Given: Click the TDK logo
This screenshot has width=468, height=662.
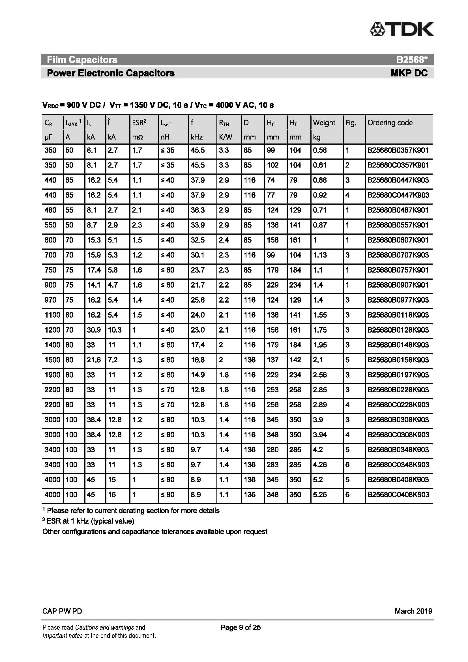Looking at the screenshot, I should pyautogui.click(x=402, y=29).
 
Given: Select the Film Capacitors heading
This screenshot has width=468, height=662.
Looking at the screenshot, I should pyautogui.click(x=82, y=60).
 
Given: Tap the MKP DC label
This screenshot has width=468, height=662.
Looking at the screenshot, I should pyautogui.click(x=409, y=73).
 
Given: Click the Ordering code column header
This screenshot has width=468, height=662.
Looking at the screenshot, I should pyautogui.click(x=390, y=123).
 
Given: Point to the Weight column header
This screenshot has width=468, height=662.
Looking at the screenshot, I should pyautogui.click(x=324, y=123).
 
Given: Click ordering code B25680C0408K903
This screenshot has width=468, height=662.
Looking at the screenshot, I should pyautogui.click(x=398, y=494).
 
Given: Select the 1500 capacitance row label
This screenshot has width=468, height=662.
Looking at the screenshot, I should pyautogui.click(x=52, y=360).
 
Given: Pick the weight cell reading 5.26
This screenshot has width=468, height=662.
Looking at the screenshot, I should pyautogui.click(x=320, y=494).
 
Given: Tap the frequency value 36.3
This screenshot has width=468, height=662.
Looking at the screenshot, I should pyautogui.click(x=198, y=210).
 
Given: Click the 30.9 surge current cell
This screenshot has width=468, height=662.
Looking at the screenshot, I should pyautogui.click(x=94, y=330).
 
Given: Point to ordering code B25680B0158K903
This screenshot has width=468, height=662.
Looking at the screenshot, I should pyautogui.click(x=398, y=360).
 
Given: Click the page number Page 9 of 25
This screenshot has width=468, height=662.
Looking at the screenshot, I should pyautogui.click(x=240, y=627).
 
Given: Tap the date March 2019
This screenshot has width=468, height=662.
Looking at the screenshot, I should pyautogui.click(x=413, y=611).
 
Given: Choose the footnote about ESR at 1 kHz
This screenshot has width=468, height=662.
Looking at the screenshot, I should pyautogui.click(x=89, y=521).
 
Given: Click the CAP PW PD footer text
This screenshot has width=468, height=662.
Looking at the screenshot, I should pyautogui.click(x=62, y=611).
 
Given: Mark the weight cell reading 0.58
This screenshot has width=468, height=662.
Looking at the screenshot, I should pyautogui.click(x=320, y=150).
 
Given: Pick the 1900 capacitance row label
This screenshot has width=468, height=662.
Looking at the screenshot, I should pyautogui.click(x=52, y=375).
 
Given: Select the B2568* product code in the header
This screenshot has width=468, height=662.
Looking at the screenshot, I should pyautogui.click(x=412, y=60).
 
